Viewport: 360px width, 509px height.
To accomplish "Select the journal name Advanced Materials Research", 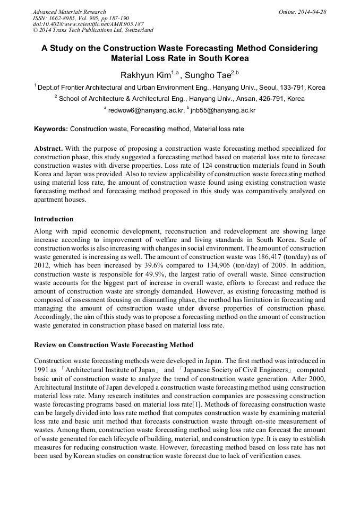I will click(69, 12).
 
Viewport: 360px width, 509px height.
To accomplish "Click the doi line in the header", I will click(88, 24).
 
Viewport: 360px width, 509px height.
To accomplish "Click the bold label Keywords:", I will click(51, 129).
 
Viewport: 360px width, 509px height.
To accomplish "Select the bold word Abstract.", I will click(48, 149).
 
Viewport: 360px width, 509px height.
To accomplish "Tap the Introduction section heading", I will click(54, 219).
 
